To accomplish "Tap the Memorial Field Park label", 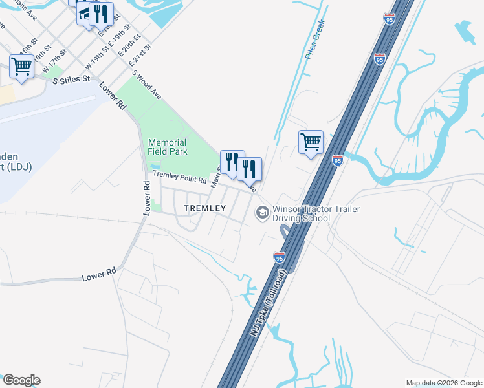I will coord(168,147).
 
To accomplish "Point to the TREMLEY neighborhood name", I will coord(204,208).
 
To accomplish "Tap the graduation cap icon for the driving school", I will coord(262,212).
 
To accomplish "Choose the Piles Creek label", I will coord(314,40).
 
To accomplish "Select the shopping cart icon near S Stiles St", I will coord(22,66).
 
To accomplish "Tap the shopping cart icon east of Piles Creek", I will coord(311,142).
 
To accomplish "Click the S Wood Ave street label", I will coord(147,84).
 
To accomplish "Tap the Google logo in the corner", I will coord(21,380).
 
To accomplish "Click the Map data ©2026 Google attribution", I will coord(444,383).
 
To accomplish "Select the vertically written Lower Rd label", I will coord(147,197).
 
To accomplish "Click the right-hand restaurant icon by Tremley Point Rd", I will coord(249,169).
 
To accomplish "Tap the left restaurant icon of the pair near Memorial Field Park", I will coord(232,162).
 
